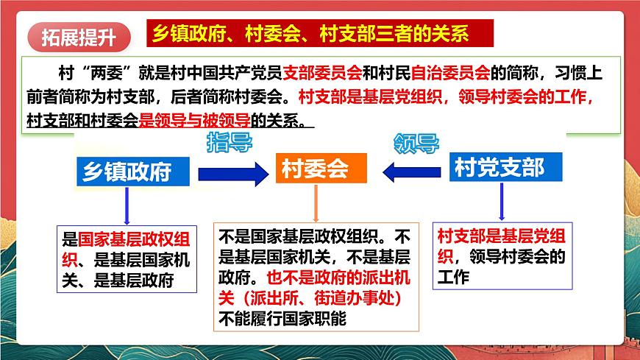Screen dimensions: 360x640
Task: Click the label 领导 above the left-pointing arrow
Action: [416, 142]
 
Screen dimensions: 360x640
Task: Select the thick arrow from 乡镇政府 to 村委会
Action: [232, 173]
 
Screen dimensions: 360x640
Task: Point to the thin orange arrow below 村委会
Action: [316, 203]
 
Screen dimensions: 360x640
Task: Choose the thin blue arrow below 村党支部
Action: [502, 200]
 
